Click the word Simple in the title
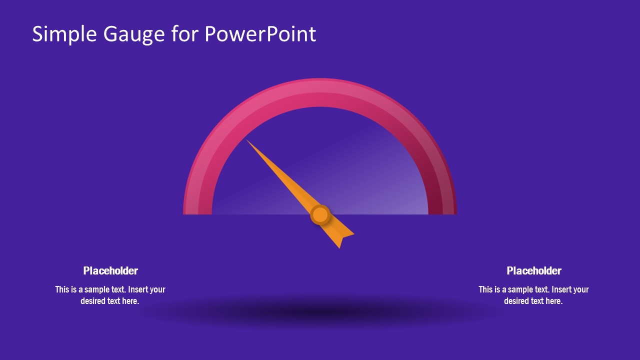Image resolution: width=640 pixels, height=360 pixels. point(64,34)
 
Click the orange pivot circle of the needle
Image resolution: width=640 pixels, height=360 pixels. point(320,214)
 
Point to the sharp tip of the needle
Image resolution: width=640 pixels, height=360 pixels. point(247,140)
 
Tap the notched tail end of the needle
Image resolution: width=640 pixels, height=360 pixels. point(343,239)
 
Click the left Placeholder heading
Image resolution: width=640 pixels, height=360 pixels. point(110,270)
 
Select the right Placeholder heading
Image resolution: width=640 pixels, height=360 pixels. point(534,270)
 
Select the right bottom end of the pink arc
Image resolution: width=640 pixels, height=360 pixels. point(442,213)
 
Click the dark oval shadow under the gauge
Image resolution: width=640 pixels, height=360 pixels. point(317,313)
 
